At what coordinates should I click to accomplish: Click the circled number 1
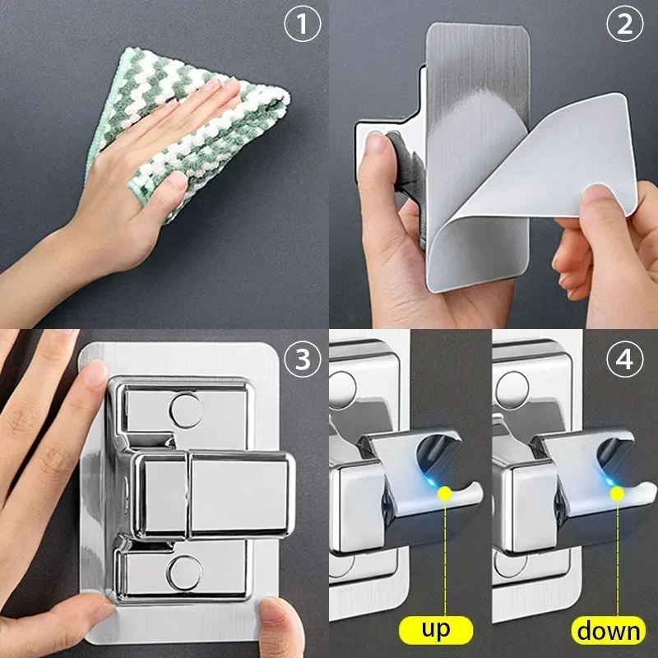301,25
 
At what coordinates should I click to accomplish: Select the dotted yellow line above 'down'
616,559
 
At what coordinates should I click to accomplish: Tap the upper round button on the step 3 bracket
186,409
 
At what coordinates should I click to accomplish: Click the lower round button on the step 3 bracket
186,571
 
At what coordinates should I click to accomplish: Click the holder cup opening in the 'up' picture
440,456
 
